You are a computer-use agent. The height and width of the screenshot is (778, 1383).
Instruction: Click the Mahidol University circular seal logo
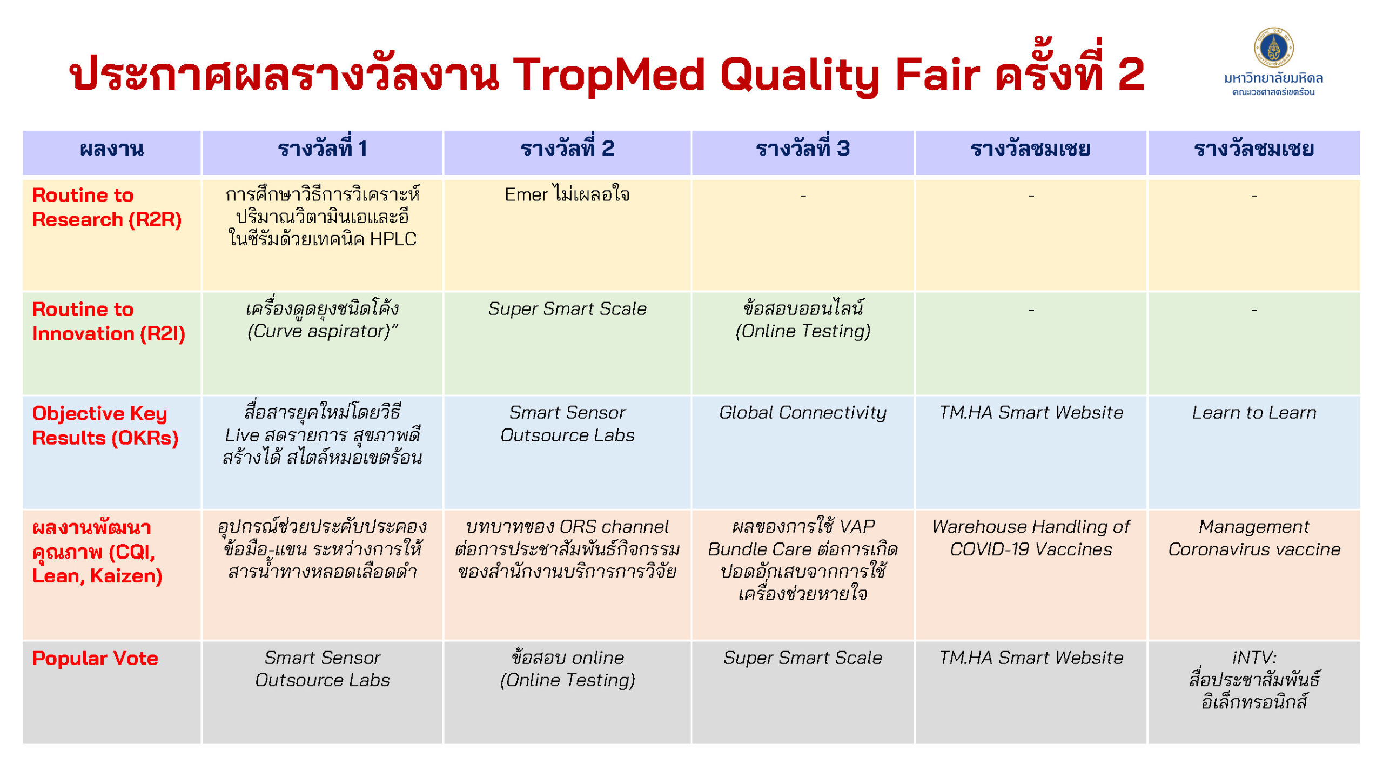coord(1273,47)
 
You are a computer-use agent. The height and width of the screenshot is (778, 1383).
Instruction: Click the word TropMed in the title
coord(609,75)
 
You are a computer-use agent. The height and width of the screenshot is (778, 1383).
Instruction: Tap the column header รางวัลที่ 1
coord(323,148)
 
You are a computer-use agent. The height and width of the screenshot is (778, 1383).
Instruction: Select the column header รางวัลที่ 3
coord(802,148)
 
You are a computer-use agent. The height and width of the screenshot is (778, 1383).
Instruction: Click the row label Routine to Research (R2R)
coord(106,207)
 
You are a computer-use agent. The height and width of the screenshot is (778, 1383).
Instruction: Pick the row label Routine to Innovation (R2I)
coord(109,321)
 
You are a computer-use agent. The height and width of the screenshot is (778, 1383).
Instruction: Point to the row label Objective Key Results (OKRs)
coord(105,425)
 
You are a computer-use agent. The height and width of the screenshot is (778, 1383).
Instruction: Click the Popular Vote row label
coord(95,658)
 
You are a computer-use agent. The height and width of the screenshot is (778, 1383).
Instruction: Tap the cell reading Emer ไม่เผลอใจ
coord(567,194)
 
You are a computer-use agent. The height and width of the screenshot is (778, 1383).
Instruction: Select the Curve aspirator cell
coord(323,320)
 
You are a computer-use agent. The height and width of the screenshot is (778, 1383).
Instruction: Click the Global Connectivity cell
coord(802,413)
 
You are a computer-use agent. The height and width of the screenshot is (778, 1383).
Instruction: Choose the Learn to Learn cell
coord(1254,413)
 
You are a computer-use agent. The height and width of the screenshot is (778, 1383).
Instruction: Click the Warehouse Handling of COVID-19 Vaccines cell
coord(1031,538)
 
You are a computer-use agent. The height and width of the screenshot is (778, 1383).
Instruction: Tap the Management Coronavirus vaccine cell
coord(1254,538)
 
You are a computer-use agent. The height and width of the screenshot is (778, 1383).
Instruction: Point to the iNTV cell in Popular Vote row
coord(1254,680)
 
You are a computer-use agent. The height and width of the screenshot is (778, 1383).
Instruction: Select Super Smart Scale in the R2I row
coord(567,308)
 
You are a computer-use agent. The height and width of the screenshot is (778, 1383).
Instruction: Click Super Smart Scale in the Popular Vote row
coord(802,658)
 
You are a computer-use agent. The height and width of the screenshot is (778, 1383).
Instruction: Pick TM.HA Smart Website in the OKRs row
coord(1031,413)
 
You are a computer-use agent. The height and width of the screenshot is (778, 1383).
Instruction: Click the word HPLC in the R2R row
coord(393,239)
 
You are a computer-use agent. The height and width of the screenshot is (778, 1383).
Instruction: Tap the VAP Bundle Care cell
coord(802,560)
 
